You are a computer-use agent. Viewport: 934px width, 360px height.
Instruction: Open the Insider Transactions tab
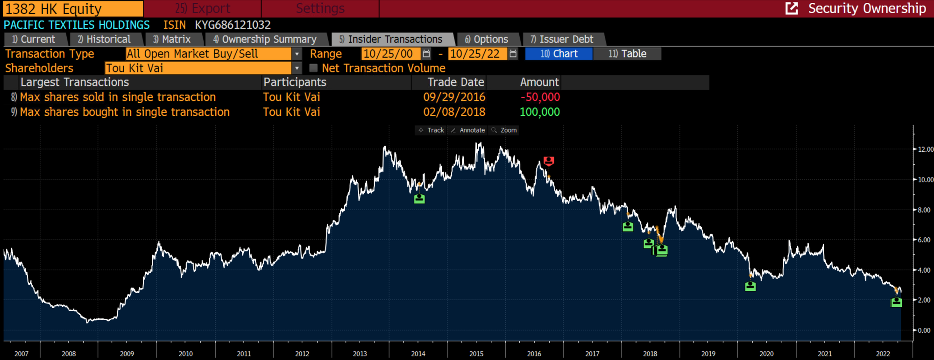(395, 39)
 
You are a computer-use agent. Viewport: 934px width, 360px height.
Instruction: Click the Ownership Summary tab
(269, 39)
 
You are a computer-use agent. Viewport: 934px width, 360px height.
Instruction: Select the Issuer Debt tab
(566, 39)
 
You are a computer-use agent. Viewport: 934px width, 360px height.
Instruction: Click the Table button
(627, 54)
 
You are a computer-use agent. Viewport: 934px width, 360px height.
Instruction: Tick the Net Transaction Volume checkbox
(313, 68)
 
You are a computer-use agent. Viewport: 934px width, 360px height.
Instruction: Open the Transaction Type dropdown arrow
(297, 54)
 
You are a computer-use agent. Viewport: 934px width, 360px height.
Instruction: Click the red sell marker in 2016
(549, 161)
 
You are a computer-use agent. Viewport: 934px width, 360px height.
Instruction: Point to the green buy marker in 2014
(419, 199)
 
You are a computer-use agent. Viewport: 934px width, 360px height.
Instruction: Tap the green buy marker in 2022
(896, 302)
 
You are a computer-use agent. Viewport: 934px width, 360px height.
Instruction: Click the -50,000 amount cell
(540, 97)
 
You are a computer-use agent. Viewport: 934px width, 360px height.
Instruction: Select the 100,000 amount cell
(540, 112)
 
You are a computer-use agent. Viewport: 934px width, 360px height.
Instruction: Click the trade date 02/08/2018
(454, 112)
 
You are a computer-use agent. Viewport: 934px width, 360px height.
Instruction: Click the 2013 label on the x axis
(360, 353)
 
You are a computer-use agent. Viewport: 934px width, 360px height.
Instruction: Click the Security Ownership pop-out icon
(792, 8)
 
